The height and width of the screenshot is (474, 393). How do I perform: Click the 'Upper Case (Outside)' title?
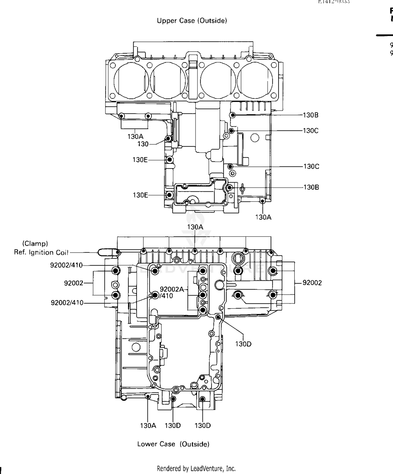coord(192,21)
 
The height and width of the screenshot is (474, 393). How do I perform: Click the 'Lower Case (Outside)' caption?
coord(173,444)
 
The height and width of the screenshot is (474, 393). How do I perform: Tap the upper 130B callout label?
coord(310,115)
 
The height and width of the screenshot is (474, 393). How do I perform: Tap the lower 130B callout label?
coord(311,187)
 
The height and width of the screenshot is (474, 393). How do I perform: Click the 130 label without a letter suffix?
coord(143,144)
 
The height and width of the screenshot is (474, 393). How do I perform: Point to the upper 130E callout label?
coord(140,160)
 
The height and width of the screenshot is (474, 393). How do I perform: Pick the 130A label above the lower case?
coord(195,227)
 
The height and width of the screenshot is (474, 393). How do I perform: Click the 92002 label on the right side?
coord(312,283)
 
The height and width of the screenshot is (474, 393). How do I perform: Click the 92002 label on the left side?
coord(74,283)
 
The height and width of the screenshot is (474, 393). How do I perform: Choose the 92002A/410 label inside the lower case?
coord(172,292)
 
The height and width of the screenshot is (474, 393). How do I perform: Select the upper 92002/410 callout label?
coord(66,265)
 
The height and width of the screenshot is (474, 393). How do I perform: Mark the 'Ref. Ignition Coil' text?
coord(41,252)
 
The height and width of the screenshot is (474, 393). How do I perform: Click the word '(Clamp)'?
coord(35,243)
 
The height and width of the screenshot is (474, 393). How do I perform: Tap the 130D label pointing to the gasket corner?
coord(243,344)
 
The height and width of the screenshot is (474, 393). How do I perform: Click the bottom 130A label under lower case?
coord(148,426)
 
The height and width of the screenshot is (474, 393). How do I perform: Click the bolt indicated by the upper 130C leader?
coord(231,131)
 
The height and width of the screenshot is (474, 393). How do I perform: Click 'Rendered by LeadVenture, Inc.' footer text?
coord(196,468)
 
